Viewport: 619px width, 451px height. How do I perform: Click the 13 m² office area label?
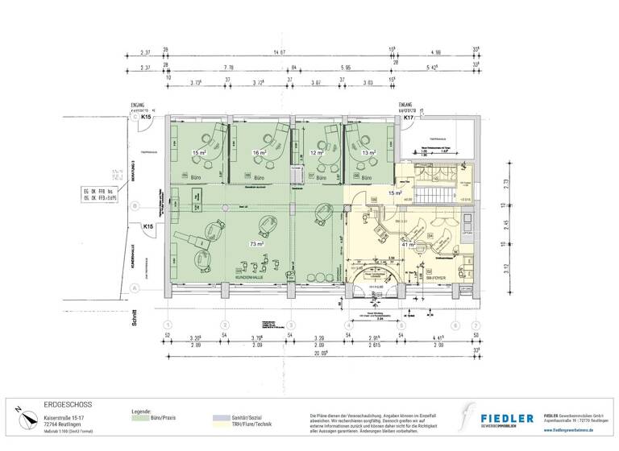[x=368, y=152]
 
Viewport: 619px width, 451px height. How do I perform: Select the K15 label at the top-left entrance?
[x=146, y=118]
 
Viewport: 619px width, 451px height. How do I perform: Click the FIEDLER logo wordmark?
[x=506, y=418]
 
